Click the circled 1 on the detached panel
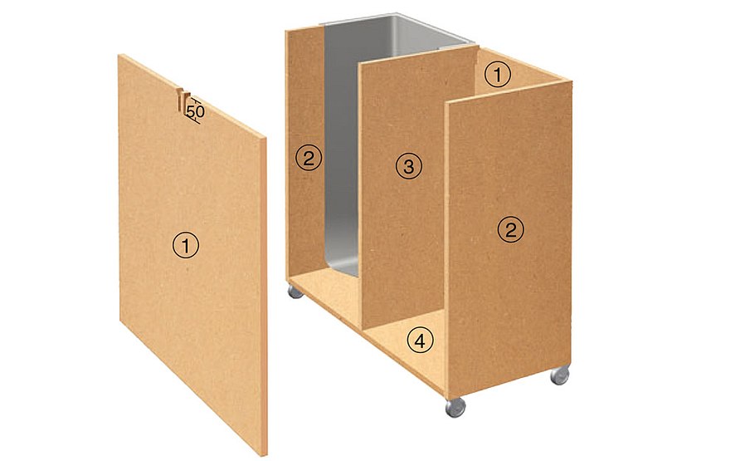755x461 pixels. pyautogui.click(x=186, y=245)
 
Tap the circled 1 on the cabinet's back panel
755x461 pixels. pyautogui.click(x=497, y=76)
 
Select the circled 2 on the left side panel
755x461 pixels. pyautogui.click(x=308, y=157)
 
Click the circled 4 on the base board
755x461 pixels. pyautogui.click(x=421, y=340)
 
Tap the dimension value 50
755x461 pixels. pyautogui.click(x=196, y=110)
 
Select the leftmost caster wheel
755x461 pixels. pyautogui.click(x=295, y=292)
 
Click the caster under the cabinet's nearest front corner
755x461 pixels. pyautogui.click(x=454, y=406)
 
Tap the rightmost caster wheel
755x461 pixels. pyautogui.click(x=560, y=375)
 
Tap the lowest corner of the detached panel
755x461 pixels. pyautogui.click(x=265, y=454)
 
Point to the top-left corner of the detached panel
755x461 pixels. pyautogui.click(x=120, y=56)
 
